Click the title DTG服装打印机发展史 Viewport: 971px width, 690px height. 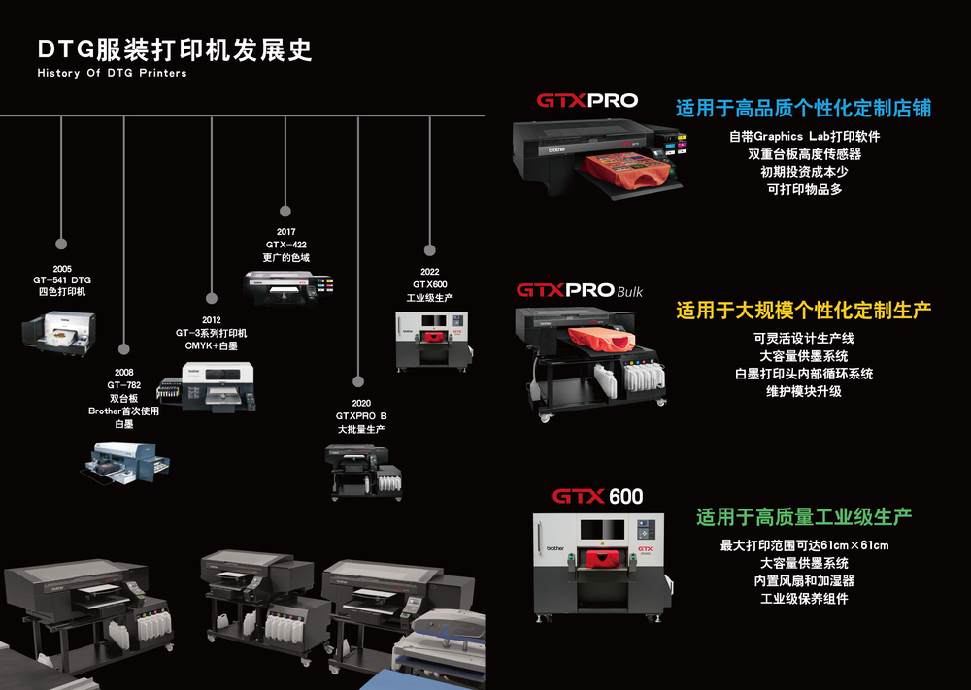175,50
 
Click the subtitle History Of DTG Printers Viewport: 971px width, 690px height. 112,73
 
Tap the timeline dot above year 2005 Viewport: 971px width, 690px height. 62,244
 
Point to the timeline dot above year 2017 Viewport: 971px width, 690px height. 285,209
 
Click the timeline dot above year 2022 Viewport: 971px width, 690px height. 430,249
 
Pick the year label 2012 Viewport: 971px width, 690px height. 212,319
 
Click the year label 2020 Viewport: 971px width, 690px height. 361,403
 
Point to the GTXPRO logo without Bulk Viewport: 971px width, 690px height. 587,100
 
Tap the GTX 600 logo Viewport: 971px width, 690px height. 598,497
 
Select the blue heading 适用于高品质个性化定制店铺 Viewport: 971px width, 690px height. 803,108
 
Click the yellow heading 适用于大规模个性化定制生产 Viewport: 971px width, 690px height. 804,311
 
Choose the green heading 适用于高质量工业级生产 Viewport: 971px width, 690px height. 804,517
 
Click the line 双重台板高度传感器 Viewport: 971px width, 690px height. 804,154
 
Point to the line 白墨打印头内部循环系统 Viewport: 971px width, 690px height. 804,374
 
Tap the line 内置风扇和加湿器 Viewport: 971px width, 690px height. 804,580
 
